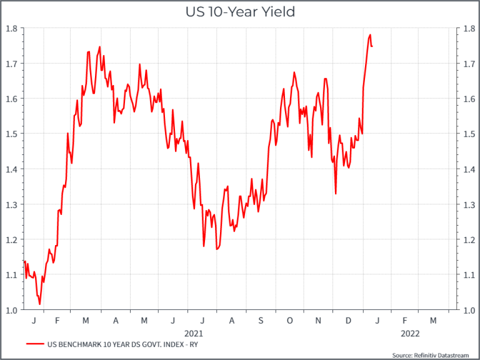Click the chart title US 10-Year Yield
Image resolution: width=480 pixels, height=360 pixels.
(240, 11)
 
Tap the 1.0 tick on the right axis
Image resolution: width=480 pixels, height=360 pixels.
(467, 310)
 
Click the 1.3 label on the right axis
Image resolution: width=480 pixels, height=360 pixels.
(467, 204)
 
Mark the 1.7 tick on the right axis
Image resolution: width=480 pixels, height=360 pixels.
(467, 63)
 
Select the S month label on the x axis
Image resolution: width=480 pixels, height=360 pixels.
(261, 320)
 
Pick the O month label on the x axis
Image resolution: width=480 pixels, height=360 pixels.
(289, 320)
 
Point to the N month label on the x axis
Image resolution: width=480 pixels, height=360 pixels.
(319, 320)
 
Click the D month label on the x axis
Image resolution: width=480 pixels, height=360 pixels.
(347, 320)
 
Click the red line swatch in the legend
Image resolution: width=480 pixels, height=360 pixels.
(36, 344)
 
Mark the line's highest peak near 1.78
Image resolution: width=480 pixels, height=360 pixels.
(370, 35)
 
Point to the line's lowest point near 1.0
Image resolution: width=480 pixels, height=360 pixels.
(39, 304)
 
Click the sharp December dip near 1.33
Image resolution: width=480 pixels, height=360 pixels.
(336, 194)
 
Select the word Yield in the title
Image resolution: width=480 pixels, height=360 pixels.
(279, 11)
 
